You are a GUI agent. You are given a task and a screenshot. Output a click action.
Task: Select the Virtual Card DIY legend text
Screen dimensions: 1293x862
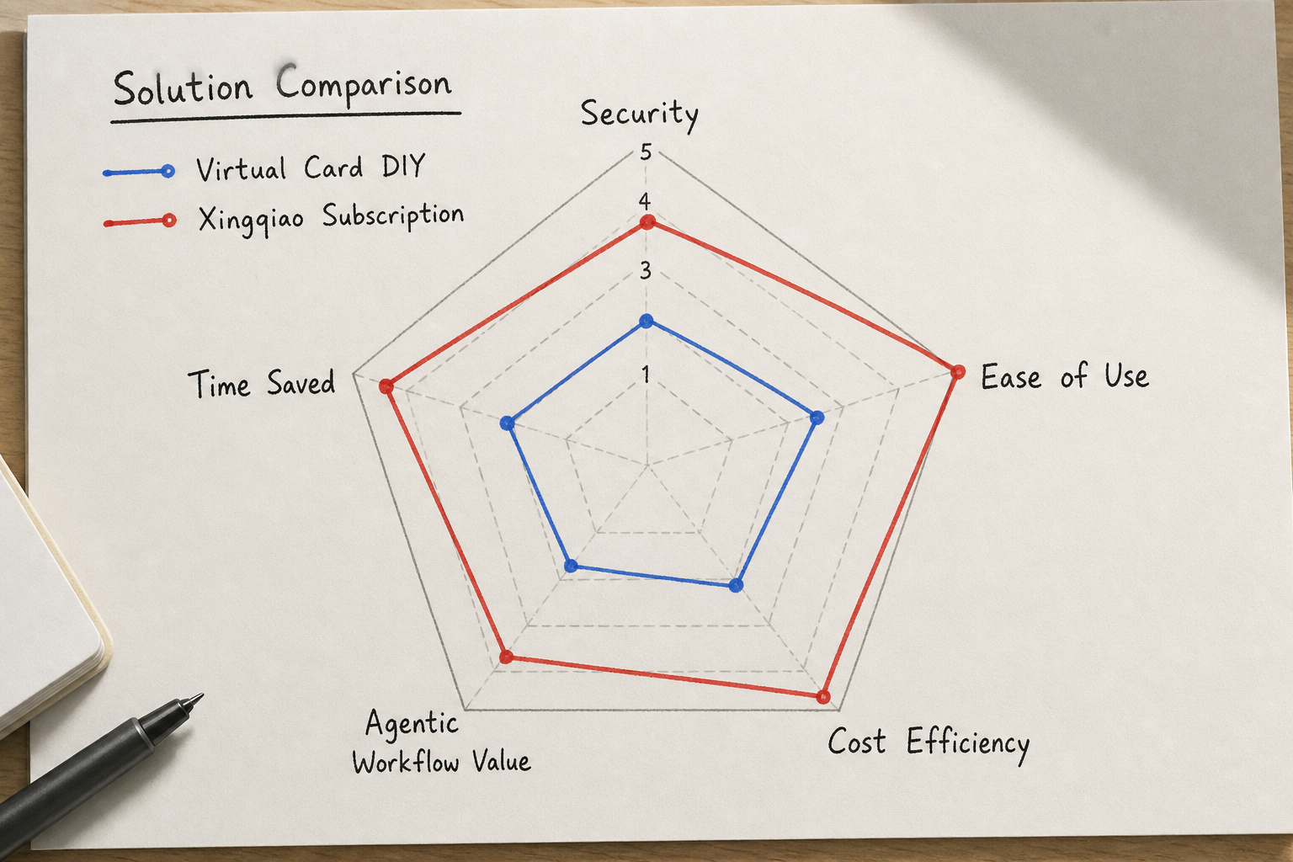click(x=311, y=168)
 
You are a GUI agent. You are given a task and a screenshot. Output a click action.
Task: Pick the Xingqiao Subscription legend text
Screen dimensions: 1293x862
click(x=331, y=218)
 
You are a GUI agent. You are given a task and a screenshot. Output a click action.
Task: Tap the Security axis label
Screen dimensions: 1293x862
click(x=639, y=114)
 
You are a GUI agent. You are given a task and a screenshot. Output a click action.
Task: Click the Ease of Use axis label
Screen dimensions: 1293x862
click(x=1065, y=376)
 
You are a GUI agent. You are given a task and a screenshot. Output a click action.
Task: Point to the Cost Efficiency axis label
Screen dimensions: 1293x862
click(x=929, y=743)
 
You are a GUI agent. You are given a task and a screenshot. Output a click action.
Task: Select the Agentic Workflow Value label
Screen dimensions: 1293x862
click(x=441, y=743)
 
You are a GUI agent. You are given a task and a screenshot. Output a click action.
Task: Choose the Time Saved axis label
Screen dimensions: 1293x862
click(x=262, y=383)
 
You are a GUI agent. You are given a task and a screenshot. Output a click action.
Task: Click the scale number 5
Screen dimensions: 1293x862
click(x=646, y=152)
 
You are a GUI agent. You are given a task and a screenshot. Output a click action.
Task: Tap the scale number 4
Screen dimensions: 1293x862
click(x=645, y=201)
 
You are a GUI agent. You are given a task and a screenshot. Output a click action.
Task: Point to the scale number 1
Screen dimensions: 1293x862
click(x=646, y=375)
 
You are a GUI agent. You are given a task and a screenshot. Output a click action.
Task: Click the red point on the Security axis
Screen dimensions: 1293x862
click(x=647, y=222)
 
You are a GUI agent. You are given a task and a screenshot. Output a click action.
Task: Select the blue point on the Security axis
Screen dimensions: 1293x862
click(x=646, y=321)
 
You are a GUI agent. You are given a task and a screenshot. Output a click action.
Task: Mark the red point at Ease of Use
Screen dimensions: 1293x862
click(x=957, y=372)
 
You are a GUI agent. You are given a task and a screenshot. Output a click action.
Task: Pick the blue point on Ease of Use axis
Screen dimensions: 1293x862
click(x=817, y=418)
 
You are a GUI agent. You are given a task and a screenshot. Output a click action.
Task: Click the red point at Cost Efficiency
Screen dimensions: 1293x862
click(x=824, y=697)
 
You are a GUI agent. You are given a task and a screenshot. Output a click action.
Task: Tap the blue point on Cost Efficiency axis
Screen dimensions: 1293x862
click(x=736, y=585)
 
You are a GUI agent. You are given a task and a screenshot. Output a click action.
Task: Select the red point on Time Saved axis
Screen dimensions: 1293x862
click(x=386, y=386)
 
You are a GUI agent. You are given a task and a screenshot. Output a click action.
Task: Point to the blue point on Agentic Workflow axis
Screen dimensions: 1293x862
click(x=571, y=566)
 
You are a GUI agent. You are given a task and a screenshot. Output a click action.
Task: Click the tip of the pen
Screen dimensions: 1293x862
click(x=202, y=694)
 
